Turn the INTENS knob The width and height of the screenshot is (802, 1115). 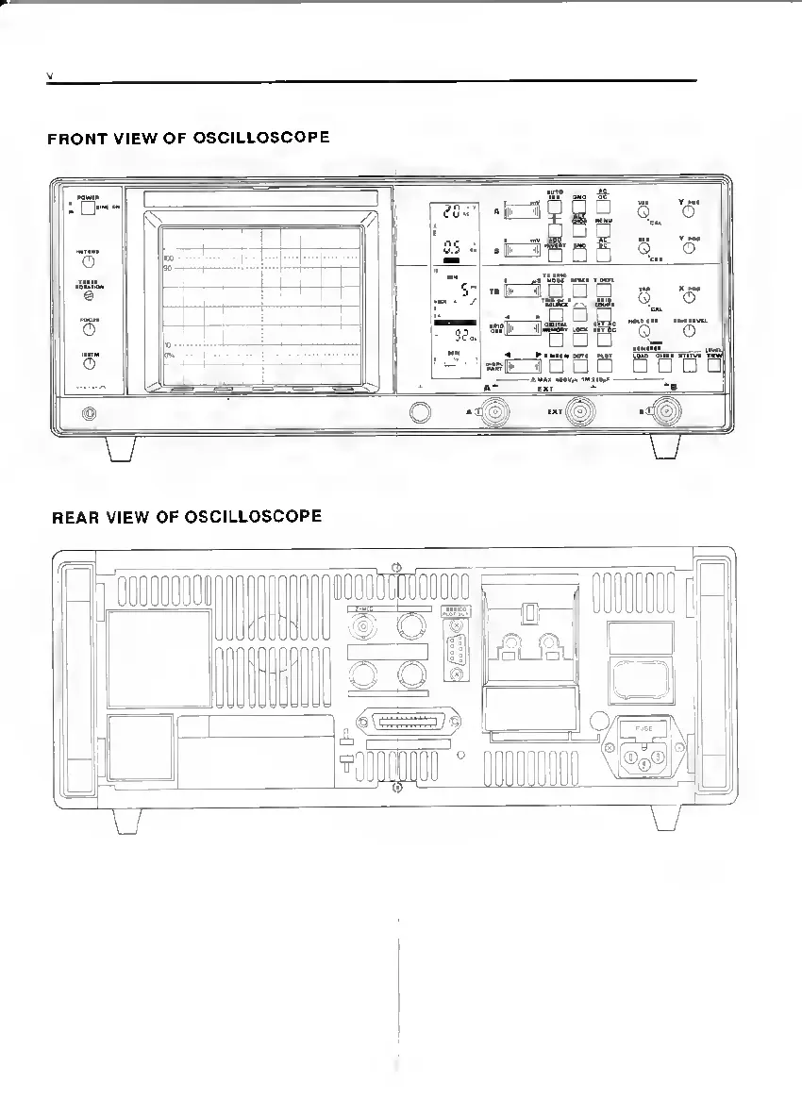(x=89, y=261)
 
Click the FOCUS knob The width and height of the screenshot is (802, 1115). (x=89, y=329)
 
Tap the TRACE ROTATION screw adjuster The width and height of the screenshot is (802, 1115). (x=89, y=295)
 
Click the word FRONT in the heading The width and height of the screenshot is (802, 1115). (x=74, y=139)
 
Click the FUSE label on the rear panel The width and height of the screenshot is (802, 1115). (x=643, y=727)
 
